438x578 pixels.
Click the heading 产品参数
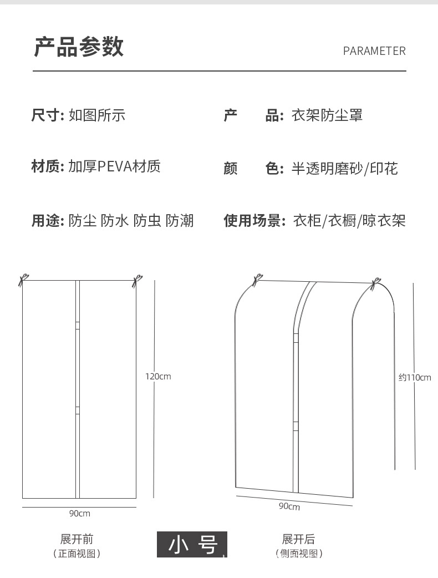coord(79,47)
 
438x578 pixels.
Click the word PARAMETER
coord(374,51)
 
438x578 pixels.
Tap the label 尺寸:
coord(48,115)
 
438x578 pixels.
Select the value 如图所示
coord(97,115)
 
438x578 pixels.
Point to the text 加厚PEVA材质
coord(115,166)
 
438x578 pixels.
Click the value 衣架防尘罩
coord(327,115)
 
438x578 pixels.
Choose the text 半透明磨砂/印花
coord(344,169)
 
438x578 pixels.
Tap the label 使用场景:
coord(254,221)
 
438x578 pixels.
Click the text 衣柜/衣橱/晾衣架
coord(349,221)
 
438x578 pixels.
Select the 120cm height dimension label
coord(158,377)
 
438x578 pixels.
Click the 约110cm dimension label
coord(415,378)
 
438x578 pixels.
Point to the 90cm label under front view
coord(79,514)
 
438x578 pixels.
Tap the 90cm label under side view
coord(289,506)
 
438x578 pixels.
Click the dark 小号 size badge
coord(192,544)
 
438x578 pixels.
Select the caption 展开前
coord(77,539)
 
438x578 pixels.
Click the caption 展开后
coord(298,539)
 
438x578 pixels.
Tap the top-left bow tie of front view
coord(23,280)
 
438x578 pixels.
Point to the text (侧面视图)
coord(298,554)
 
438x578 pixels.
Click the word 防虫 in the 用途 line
coord(147,221)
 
